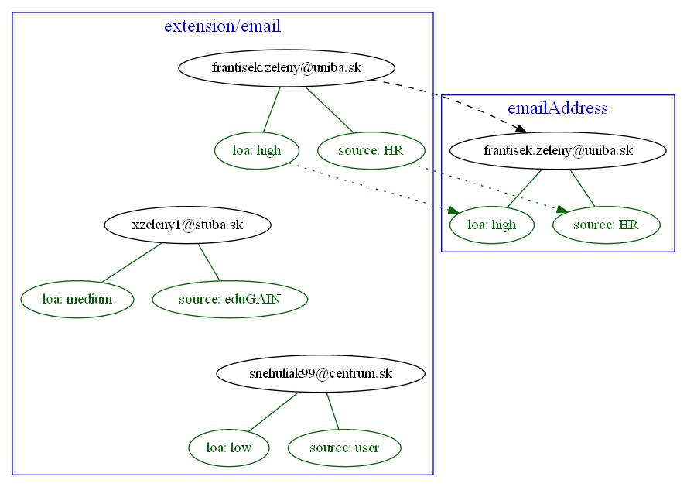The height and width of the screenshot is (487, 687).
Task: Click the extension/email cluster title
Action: coord(222,26)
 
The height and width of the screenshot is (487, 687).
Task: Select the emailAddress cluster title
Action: coord(557,108)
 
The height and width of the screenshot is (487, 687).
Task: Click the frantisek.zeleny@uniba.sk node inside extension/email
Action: coord(286,68)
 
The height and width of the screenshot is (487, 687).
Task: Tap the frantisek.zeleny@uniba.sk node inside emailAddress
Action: coord(558,150)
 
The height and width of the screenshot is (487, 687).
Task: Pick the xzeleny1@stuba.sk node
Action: coord(187,225)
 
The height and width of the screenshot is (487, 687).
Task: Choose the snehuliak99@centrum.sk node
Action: coord(320,374)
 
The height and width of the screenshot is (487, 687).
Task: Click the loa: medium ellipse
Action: coord(77,299)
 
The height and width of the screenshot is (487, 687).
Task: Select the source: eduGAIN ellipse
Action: coord(230,299)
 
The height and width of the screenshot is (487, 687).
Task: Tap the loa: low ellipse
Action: coord(229,448)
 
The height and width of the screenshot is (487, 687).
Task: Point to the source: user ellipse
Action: coord(344,448)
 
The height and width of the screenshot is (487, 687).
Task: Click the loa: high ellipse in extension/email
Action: coord(256,150)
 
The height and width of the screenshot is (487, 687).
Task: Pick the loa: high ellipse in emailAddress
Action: coord(492,225)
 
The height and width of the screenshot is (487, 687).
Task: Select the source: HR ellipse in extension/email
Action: coord(371,150)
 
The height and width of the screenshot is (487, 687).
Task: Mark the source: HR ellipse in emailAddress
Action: coord(606,225)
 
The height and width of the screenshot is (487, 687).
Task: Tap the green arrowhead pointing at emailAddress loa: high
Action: coord(453,208)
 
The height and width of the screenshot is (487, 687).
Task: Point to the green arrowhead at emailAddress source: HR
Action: coord(562,208)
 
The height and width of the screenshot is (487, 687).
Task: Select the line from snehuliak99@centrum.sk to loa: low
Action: coord(273,411)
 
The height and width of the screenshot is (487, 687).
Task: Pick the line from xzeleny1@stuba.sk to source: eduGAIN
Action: coord(209,262)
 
